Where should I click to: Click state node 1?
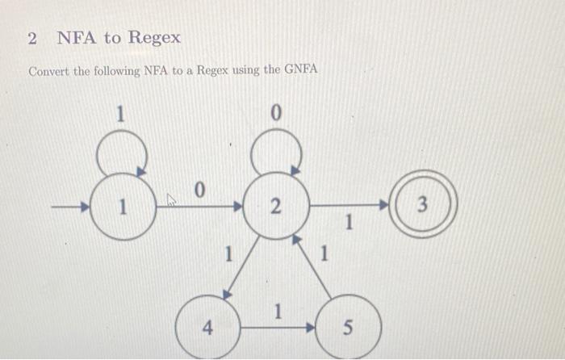(123, 207)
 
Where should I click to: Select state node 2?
(275, 207)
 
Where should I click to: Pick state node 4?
(207, 328)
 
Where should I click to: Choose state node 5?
(347, 328)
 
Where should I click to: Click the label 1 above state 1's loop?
(119, 115)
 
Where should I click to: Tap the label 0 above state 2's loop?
(275, 115)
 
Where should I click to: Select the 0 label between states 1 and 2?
(199, 190)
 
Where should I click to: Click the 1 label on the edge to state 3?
(349, 223)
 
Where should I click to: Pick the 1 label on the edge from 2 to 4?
(228, 256)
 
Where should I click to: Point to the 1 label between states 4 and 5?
(278, 311)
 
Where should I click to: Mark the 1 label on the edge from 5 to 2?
(324, 257)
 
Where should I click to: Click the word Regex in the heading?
(154, 37)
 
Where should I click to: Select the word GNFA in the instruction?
(301, 70)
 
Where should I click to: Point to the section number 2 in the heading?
(31, 38)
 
